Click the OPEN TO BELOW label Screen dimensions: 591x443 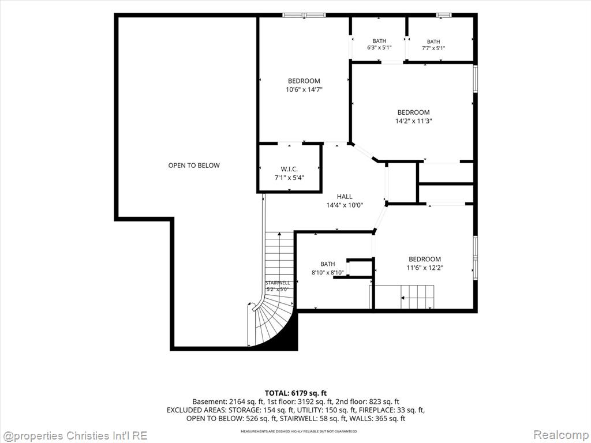(x=194, y=165)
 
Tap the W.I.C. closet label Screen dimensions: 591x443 (x=289, y=169)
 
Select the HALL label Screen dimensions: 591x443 (x=345, y=196)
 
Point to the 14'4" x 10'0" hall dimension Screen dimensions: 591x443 (x=345, y=205)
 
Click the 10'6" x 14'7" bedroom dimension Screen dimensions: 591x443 (x=304, y=89)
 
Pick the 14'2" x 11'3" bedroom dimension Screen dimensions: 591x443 (x=413, y=121)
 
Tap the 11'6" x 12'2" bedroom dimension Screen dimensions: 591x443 (x=425, y=268)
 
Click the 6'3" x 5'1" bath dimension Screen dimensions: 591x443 (x=379, y=48)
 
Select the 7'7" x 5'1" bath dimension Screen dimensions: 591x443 (x=433, y=48)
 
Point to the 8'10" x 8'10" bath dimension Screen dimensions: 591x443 (x=328, y=273)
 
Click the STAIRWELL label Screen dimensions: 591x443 (x=278, y=283)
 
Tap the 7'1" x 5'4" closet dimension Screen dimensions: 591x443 (x=289, y=178)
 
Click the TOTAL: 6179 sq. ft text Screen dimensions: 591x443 (x=295, y=393)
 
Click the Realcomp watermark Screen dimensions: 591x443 (x=560, y=435)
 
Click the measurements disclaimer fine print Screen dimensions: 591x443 (x=298, y=431)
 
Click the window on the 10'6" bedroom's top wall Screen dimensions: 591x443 (x=304, y=15)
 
